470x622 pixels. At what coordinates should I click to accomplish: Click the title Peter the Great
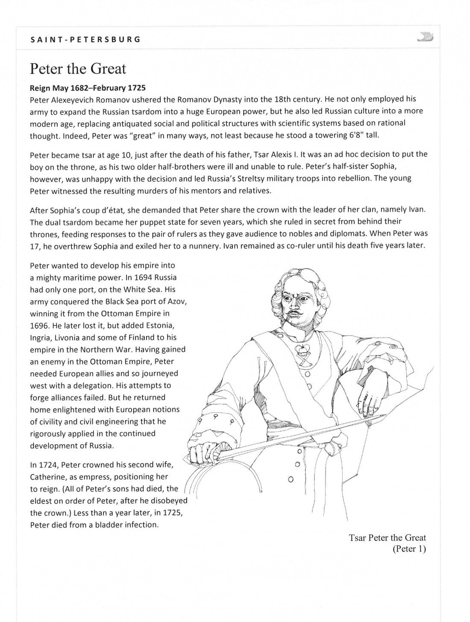tap(78, 68)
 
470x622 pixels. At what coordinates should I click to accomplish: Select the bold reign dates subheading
tap(88, 88)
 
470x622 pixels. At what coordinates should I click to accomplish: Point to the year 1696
tap(39, 325)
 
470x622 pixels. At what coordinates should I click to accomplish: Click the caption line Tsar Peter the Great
tap(387, 537)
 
